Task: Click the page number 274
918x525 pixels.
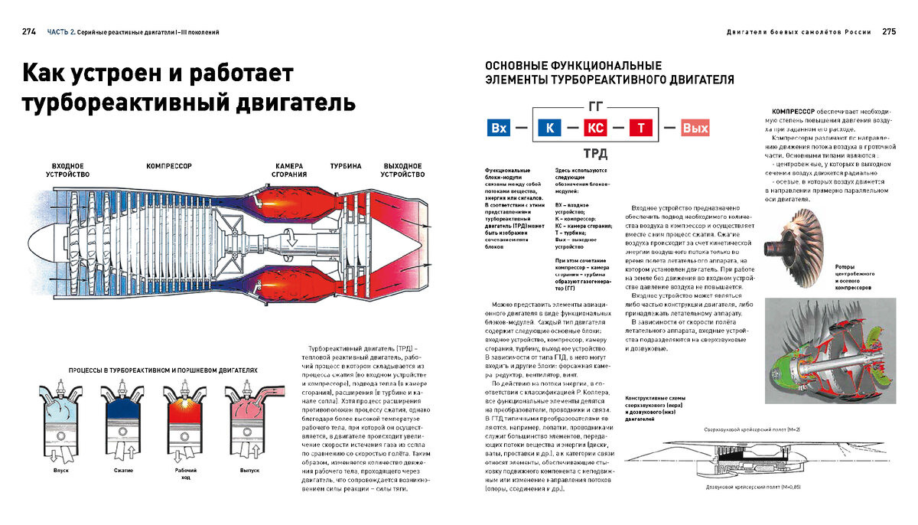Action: click(x=29, y=32)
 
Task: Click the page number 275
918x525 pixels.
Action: click(x=889, y=32)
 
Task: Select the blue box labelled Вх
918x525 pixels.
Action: click(x=499, y=128)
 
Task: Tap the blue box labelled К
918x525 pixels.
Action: click(x=549, y=128)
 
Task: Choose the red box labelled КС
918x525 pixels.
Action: click(x=595, y=128)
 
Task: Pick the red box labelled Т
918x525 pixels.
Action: click(x=641, y=128)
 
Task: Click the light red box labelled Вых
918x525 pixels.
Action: click(x=695, y=128)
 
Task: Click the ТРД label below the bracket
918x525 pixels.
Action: click(x=595, y=152)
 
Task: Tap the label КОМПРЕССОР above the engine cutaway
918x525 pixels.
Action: click(x=168, y=166)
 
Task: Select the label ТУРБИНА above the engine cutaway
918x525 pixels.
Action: click(x=346, y=166)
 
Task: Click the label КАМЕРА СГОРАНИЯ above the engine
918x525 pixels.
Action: click(x=289, y=170)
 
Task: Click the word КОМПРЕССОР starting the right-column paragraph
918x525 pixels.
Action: click(x=793, y=111)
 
